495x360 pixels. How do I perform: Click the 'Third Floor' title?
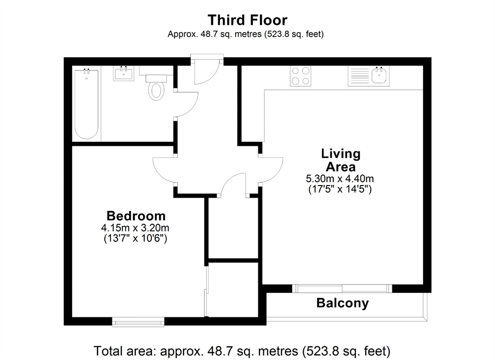[x=247, y=20]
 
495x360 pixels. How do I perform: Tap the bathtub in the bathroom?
[x=86, y=104]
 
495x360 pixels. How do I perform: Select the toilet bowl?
[x=156, y=90]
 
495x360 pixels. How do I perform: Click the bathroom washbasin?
[x=124, y=74]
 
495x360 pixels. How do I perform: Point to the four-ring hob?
[x=300, y=76]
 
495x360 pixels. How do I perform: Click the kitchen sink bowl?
[x=380, y=75]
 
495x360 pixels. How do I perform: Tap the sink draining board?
[x=360, y=76]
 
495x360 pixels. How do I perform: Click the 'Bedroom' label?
[x=136, y=216]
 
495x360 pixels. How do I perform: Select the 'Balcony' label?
[x=343, y=303]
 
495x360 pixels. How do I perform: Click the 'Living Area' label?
[x=341, y=160]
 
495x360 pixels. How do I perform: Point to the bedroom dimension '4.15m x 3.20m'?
[x=135, y=228]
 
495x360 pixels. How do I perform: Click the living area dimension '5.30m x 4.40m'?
[x=340, y=178]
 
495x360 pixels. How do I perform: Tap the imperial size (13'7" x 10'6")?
[x=135, y=238]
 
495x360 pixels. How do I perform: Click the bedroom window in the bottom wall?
[x=138, y=322]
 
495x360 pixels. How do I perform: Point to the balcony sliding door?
[x=342, y=289]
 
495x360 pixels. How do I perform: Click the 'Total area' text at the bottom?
[x=242, y=351]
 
